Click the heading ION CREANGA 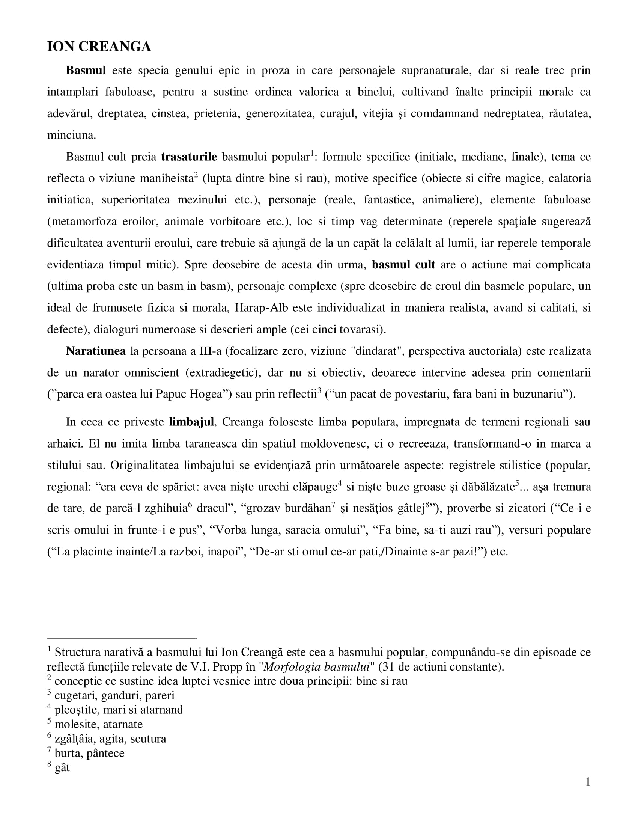[x=99, y=47]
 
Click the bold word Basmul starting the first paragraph [x=86, y=70]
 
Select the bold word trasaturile [x=189, y=157]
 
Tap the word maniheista [x=166, y=178]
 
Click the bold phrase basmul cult [x=403, y=264]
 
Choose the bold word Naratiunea [x=96, y=351]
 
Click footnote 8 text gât [x=62, y=768]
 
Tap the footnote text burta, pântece [x=89, y=753]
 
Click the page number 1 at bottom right [x=588, y=782]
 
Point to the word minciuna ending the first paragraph [x=71, y=135]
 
